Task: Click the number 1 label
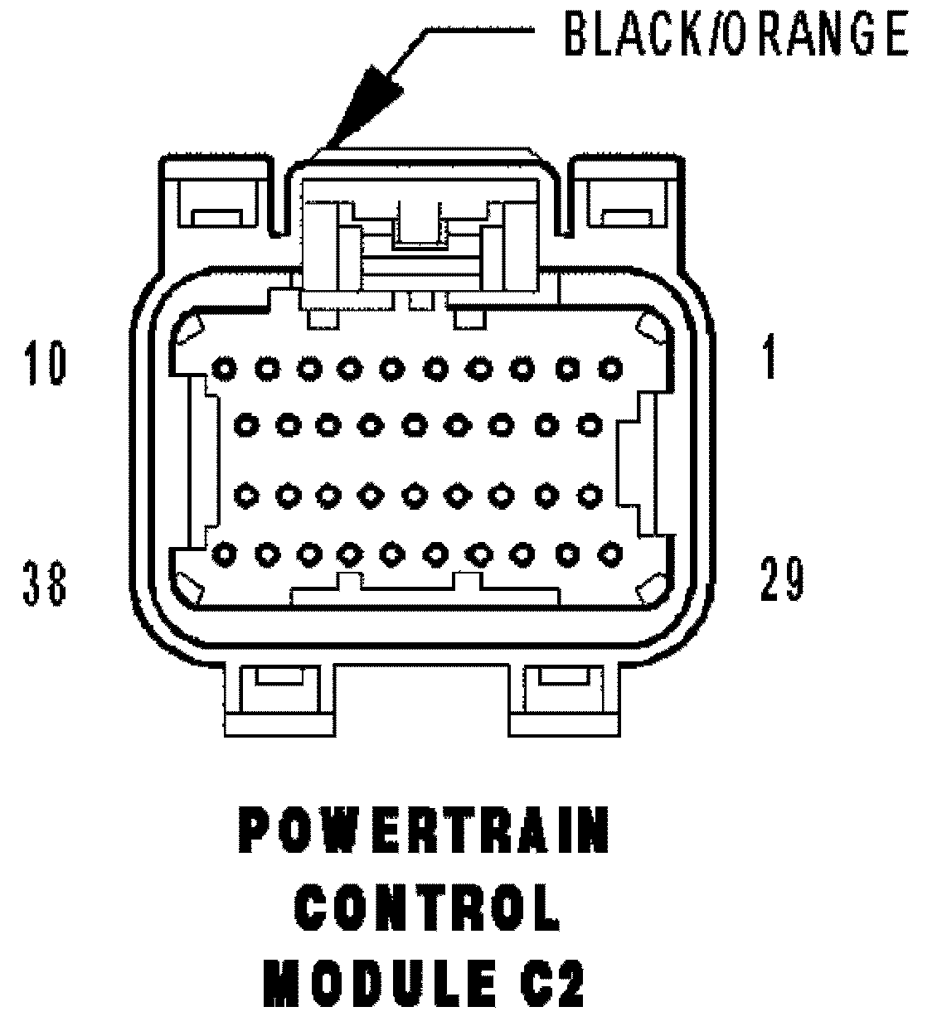pyautogui.click(x=770, y=357)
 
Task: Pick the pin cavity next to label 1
pyautogui.click(x=611, y=366)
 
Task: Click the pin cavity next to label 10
pyautogui.click(x=222, y=366)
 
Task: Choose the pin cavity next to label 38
pyautogui.click(x=222, y=554)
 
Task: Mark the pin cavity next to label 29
pyautogui.click(x=611, y=554)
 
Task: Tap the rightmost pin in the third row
pyautogui.click(x=589, y=496)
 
